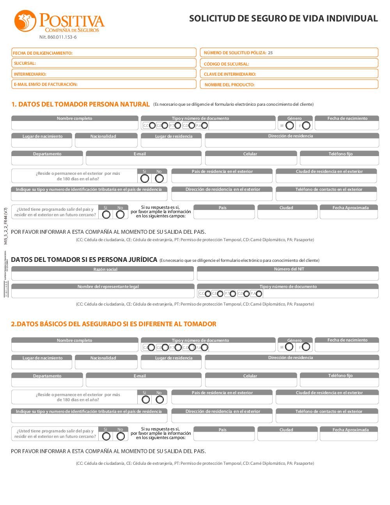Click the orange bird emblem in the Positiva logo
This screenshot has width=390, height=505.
point(25,21)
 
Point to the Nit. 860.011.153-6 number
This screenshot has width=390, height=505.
point(58,37)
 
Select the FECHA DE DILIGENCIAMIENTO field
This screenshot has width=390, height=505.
point(104,53)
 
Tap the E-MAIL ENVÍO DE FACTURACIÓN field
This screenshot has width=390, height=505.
point(104,84)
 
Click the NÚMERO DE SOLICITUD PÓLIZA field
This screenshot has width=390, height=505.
point(289,53)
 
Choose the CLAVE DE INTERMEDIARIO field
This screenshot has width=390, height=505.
point(289,74)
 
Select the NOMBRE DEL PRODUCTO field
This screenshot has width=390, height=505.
point(289,84)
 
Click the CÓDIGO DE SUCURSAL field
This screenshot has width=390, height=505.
point(289,64)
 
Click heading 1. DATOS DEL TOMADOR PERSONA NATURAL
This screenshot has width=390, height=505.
point(80,104)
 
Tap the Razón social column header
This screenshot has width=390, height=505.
point(103,269)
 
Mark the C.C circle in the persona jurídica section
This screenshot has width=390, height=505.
point(207,294)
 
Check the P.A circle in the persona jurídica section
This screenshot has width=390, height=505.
point(259,294)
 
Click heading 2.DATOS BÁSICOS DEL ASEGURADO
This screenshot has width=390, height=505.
point(113,324)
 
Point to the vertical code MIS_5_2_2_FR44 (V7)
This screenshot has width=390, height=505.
point(5,226)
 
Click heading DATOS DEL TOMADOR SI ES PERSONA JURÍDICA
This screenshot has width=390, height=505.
point(84,260)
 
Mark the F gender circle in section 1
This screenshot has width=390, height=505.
point(306,125)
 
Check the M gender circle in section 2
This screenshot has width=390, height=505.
point(289,347)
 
